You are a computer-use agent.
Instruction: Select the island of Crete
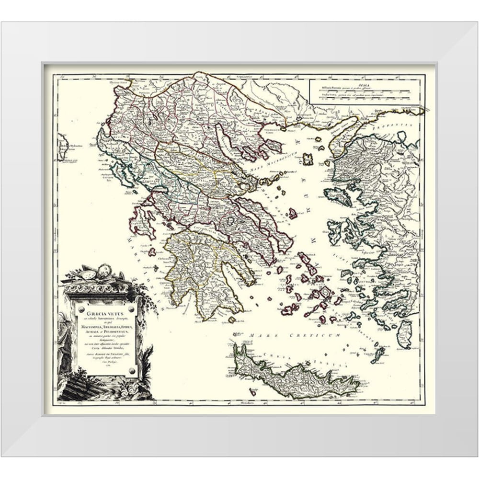(297, 376)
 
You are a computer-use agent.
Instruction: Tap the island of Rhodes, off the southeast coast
(405, 333)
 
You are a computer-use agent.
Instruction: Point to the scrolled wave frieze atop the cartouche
(96, 289)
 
